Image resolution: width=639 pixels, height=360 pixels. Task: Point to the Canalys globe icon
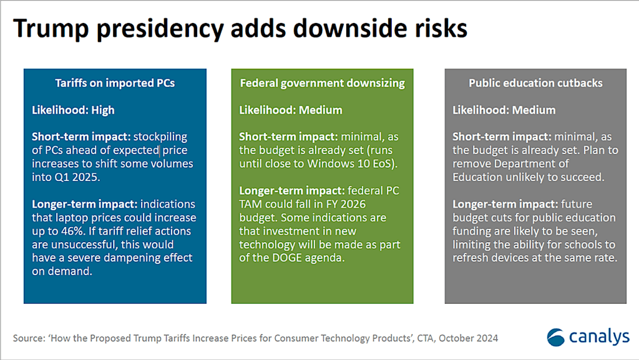tap(555, 337)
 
